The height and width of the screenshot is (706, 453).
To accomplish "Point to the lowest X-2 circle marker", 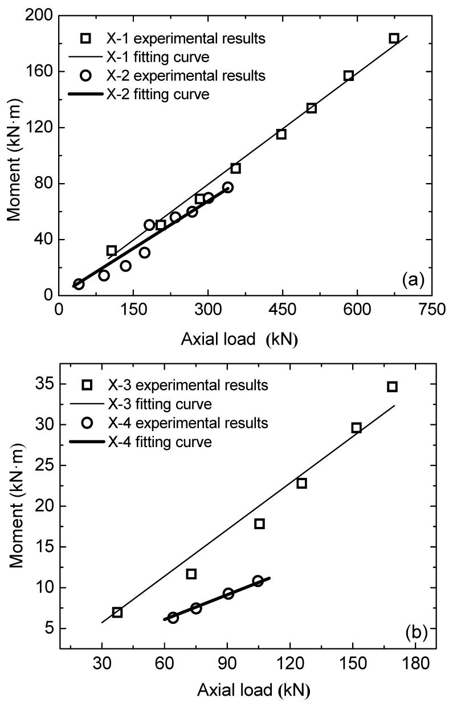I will point(79,284).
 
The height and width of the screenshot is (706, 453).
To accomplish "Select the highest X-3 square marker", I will point(392,387).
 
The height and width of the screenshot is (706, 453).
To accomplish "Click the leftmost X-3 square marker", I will point(117,612).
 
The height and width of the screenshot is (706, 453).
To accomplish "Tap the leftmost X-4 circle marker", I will point(173,618).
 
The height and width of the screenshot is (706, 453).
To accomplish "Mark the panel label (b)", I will point(413,632).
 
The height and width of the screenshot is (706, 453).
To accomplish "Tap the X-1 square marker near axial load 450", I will point(281,134).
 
